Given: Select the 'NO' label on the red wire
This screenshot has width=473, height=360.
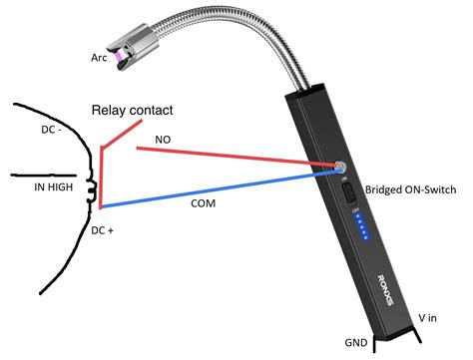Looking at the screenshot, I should [161, 142].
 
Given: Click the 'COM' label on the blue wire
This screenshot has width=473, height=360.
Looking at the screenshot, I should [203, 201].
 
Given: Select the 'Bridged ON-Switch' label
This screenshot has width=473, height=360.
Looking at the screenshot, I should [410, 189].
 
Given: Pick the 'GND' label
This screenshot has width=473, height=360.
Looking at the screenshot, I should [356, 342].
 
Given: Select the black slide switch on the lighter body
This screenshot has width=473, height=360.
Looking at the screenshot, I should [349, 193].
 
